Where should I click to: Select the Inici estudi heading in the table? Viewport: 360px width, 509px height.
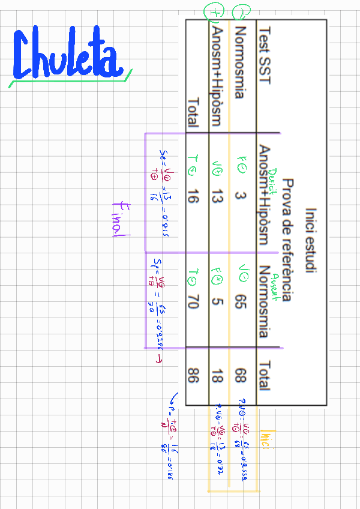310,240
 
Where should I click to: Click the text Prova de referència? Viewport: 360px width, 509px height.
287,240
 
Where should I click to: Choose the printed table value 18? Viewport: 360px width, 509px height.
217,377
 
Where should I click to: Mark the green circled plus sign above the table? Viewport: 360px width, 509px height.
214,10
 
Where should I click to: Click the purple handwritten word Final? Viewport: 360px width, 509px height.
119,218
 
